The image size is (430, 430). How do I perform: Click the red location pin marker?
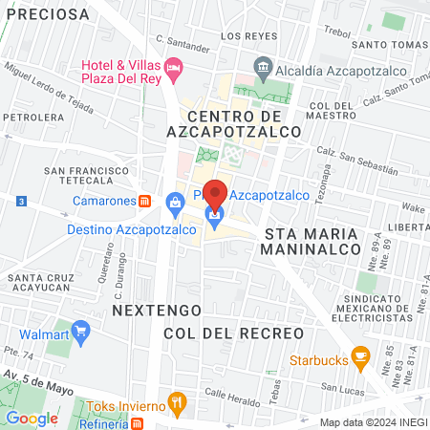point(216,195)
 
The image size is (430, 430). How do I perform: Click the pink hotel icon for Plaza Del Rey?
point(173,67)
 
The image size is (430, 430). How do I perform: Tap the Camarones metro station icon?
point(144,201)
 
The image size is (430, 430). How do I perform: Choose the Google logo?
point(32,418)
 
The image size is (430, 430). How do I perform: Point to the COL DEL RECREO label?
point(233,332)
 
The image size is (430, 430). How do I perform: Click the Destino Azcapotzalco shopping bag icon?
point(176,202)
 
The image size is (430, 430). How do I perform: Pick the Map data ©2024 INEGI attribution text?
point(373,421)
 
